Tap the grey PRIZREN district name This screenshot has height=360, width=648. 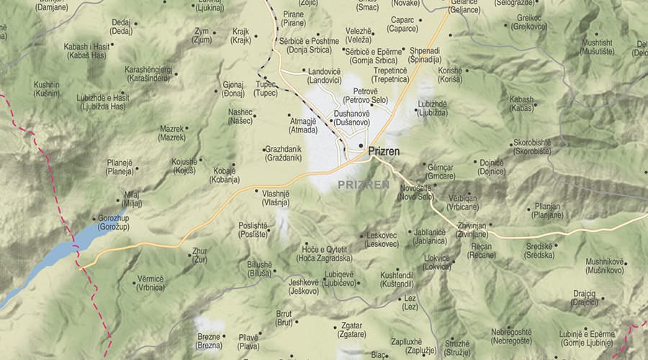[x=364, y=185]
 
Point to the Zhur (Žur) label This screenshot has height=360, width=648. [x=199, y=255]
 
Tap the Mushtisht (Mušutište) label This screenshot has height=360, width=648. [x=598, y=47]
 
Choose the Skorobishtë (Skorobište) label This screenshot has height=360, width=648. [x=532, y=147]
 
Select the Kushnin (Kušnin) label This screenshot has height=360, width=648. [x=47, y=89]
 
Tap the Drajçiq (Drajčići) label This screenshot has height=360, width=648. [x=585, y=298]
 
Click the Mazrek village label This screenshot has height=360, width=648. [x=172, y=133]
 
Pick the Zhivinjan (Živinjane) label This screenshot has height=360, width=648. [x=472, y=230]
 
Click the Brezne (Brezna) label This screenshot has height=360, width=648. [x=209, y=341]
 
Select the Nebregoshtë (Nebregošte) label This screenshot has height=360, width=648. [x=511, y=336]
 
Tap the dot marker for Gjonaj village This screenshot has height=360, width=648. [x=217, y=91]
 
